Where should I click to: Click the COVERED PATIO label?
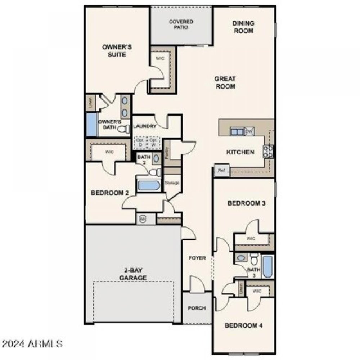point(181,24)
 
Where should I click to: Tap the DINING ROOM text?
point(243,27)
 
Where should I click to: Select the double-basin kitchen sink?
point(237,132)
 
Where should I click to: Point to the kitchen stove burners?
point(269,151)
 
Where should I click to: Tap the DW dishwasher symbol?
point(249,132)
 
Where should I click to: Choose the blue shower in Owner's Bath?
point(91,125)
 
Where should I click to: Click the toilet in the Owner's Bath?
point(123,129)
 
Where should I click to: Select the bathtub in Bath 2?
point(149,185)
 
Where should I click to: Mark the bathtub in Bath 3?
point(267,266)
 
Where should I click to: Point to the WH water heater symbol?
point(143,219)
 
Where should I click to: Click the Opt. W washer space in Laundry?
point(154,142)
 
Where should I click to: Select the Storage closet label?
point(172,183)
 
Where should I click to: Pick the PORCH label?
point(197,308)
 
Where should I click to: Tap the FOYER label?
point(197,258)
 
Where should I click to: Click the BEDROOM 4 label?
point(243,326)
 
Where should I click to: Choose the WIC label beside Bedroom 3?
point(251,238)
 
